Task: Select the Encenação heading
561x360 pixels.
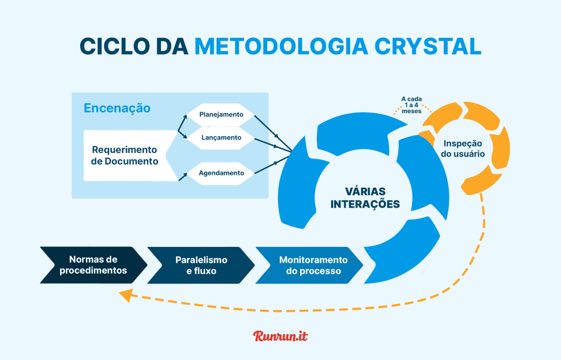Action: (x=117, y=108)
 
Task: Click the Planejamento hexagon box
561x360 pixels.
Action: (x=221, y=115)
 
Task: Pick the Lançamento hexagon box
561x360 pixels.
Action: (x=221, y=138)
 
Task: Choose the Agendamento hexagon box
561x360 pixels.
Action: (x=221, y=173)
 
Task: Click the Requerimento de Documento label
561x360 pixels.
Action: (x=125, y=155)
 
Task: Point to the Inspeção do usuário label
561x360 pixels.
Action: (x=463, y=149)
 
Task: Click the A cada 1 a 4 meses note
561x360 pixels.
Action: (x=411, y=105)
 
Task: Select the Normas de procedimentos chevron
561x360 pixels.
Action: (x=93, y=265)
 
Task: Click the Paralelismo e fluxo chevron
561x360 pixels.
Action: (x=201, y=265)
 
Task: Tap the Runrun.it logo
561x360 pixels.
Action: (x=280, y=336)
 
